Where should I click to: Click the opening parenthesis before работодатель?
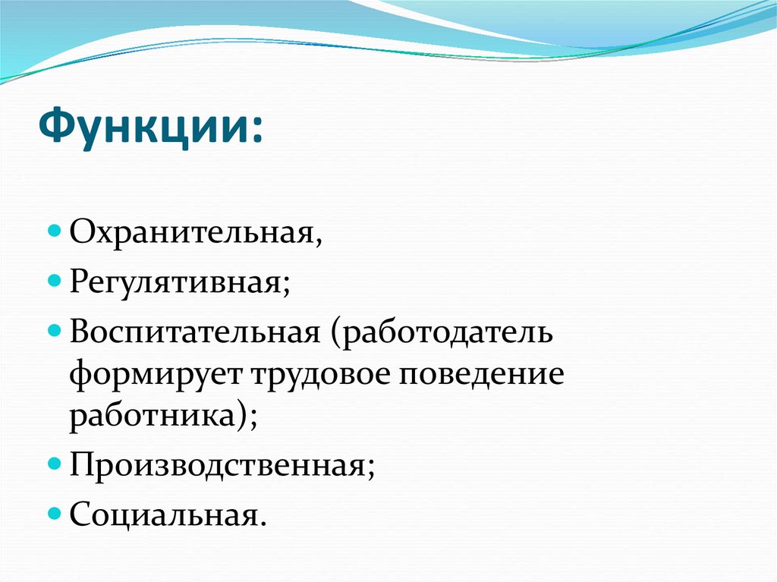pyautogui.click(x=334, y=335)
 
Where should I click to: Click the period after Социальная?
pyautogui.click(x=263, y=524)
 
